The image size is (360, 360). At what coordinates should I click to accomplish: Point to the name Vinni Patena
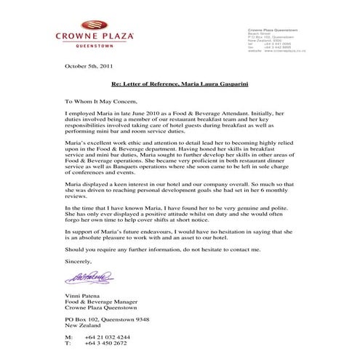[x=82, y=299]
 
